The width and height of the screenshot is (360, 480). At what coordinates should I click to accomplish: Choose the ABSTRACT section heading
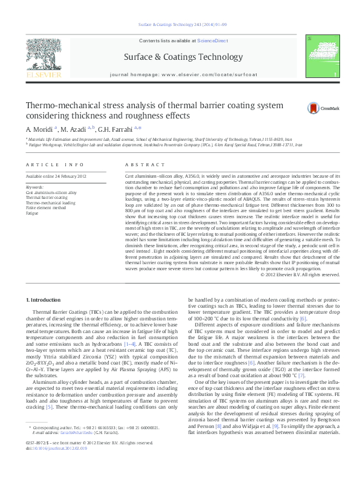pos(141,164)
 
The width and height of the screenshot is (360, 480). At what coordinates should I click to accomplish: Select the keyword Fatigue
pos(31,213)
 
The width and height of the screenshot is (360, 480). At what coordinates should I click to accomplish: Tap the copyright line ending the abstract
pos(301,274)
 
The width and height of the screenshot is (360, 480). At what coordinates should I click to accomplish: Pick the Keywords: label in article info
pos(35,187)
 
